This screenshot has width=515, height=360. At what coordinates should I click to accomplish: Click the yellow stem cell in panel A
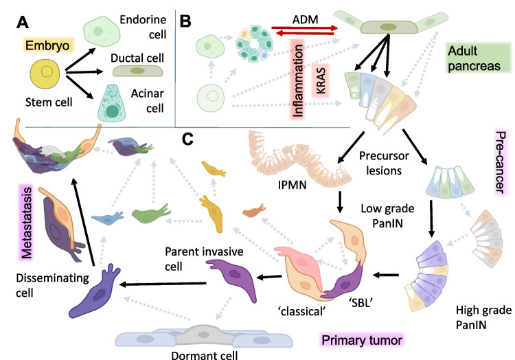(45, 74)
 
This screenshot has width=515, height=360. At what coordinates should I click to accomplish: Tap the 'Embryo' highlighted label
(47, 45)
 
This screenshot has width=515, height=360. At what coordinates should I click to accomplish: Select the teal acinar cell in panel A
(112, 104)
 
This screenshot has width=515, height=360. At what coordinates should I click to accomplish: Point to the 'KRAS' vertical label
(321, 81)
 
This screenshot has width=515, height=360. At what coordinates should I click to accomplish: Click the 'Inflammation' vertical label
(297, 80)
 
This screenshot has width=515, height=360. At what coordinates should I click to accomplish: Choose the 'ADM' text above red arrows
(305, 19)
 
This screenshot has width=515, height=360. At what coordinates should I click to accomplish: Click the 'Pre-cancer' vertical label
(500, 162)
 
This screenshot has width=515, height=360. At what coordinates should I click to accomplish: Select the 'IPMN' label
(292, 185)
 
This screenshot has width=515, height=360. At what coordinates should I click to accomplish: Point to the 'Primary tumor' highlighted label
(362, 340)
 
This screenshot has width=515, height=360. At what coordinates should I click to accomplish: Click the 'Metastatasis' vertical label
(27, 223)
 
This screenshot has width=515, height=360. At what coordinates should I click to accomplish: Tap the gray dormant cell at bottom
(204, 335)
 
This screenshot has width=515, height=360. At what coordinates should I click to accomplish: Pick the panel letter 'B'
(185, 21)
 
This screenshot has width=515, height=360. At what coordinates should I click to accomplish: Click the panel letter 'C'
(187, 139)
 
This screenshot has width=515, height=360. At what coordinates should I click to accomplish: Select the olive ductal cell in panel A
(137, 71)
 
